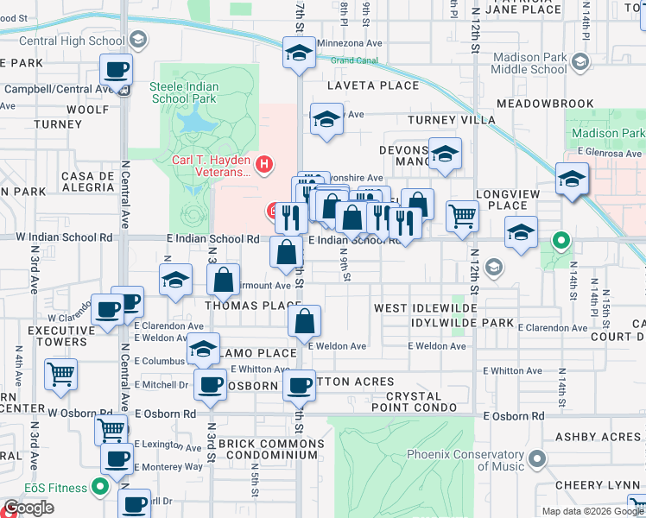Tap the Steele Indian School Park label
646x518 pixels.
click(184, 93)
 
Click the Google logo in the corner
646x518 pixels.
click(28, 508)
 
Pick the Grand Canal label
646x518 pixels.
click(354, 60)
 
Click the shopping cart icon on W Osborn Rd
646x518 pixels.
click(110, 427)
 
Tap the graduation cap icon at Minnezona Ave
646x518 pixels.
click(298, 53)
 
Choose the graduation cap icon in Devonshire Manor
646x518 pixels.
click(444, 154)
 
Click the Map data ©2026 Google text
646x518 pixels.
click(592, 511)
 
